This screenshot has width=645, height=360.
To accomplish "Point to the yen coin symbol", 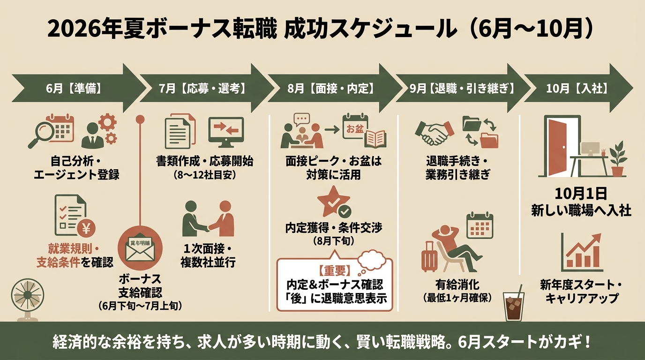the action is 86,229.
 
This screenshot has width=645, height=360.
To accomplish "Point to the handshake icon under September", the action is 435,133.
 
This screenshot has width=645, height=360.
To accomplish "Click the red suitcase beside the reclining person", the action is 429,257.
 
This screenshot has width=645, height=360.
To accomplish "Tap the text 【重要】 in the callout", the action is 335,271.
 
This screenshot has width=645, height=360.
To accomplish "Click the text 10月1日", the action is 581,194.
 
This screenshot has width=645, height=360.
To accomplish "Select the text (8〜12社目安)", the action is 205,175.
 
